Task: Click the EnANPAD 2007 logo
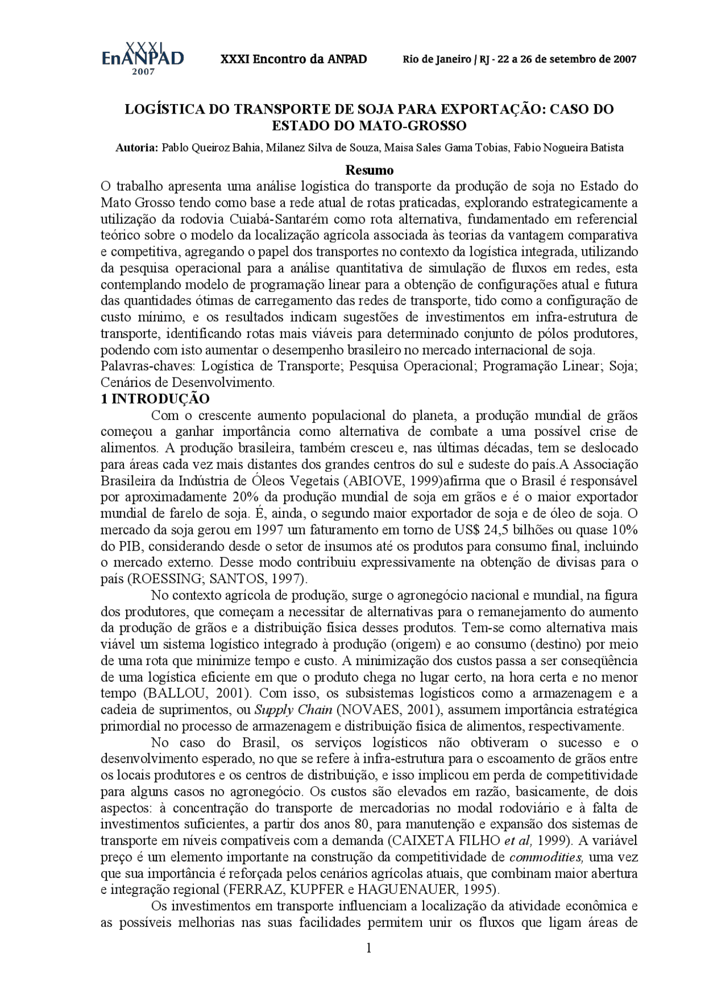(x=142, y=58)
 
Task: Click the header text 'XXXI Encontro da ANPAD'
(x=293, y=59)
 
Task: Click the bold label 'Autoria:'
(x=137, y=148)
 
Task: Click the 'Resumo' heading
(x=369, y=169)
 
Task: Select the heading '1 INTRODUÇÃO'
(x=155, y=398)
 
